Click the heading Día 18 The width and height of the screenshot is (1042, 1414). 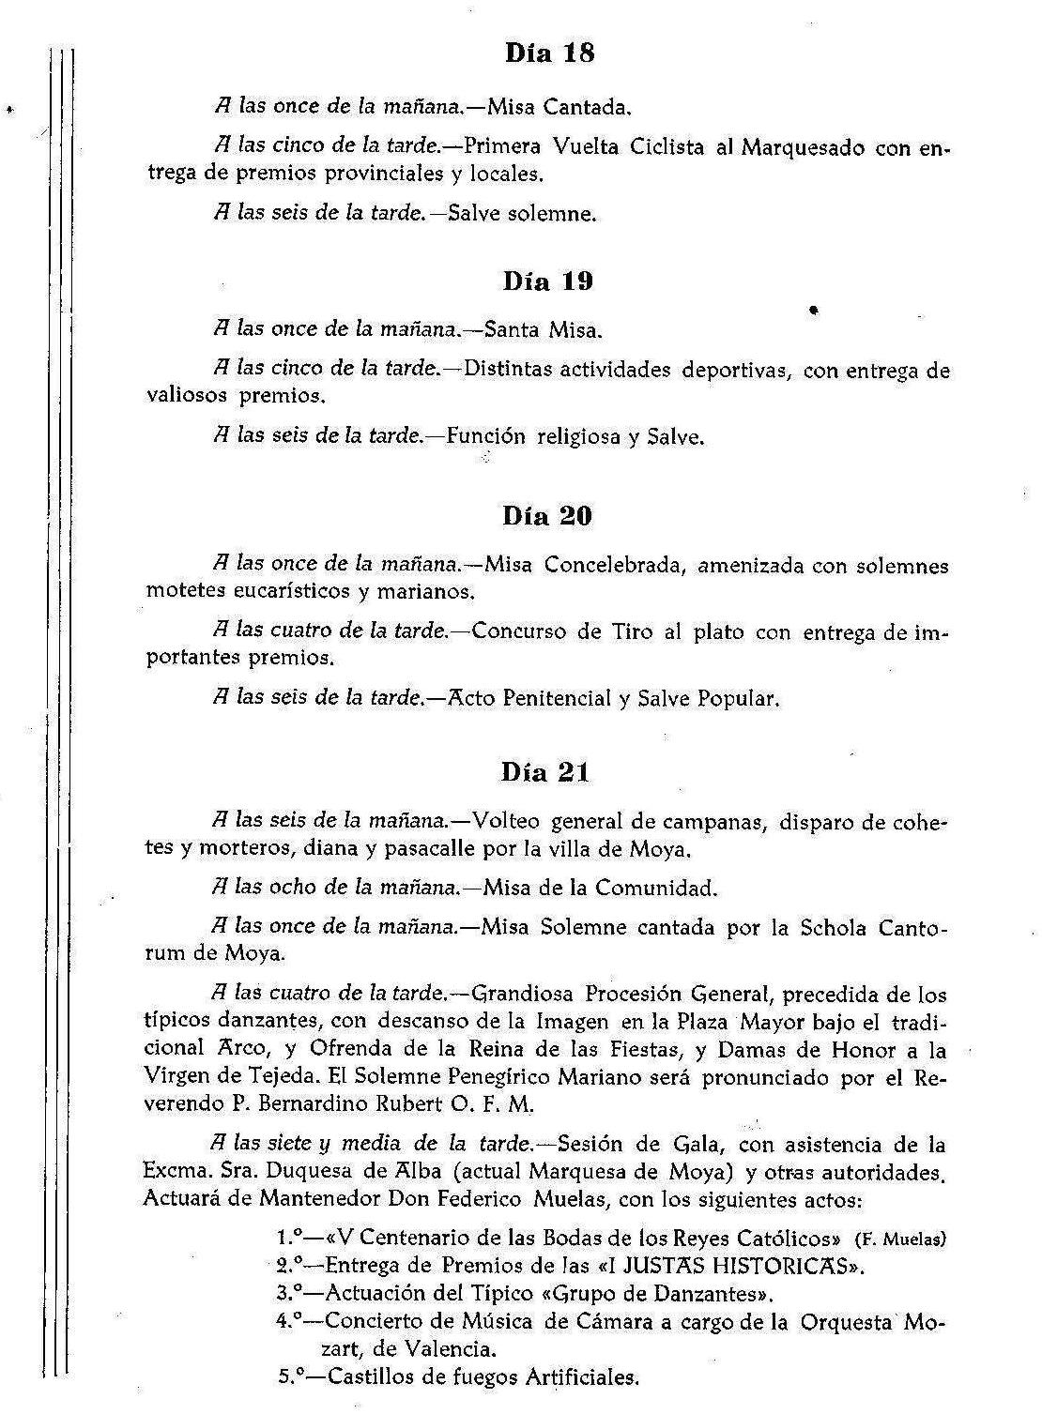pos(549,53)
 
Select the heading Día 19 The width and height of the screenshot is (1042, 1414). pos(548,281)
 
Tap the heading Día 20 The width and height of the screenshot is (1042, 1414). pos(547,516)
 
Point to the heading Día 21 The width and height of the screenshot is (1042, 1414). pos(545,772)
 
